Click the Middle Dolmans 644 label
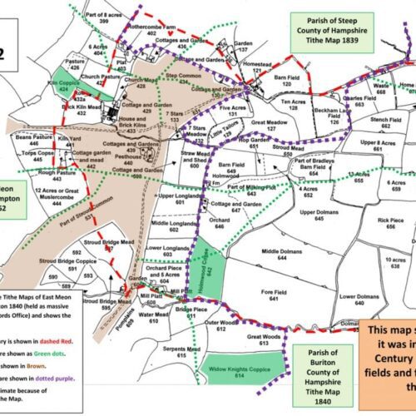pyautogui.click(x=280, y=254)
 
